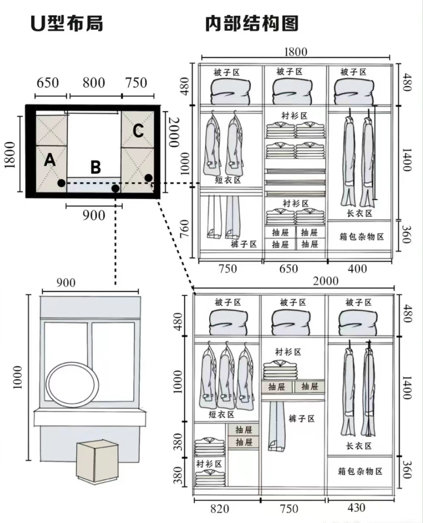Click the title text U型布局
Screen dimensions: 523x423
[67, 23]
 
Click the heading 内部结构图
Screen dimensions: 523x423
[251, 23]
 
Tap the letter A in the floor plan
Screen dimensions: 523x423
[50, 160]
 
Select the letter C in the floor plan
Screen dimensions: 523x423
[138, 131]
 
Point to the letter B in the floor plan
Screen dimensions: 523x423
[96, 167]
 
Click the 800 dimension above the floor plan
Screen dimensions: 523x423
[94, 82]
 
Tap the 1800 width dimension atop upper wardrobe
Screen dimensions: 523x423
[295, 52]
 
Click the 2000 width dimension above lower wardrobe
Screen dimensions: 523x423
[326, 281]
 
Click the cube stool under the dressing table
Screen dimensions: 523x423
[97, 461]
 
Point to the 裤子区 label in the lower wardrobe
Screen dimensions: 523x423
[302, 419]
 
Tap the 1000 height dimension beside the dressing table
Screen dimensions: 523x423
[17, 377]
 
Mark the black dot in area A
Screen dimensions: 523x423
[62, 183]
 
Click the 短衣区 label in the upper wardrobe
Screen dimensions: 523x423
[228, 180]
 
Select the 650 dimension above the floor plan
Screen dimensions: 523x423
[48, 82]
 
